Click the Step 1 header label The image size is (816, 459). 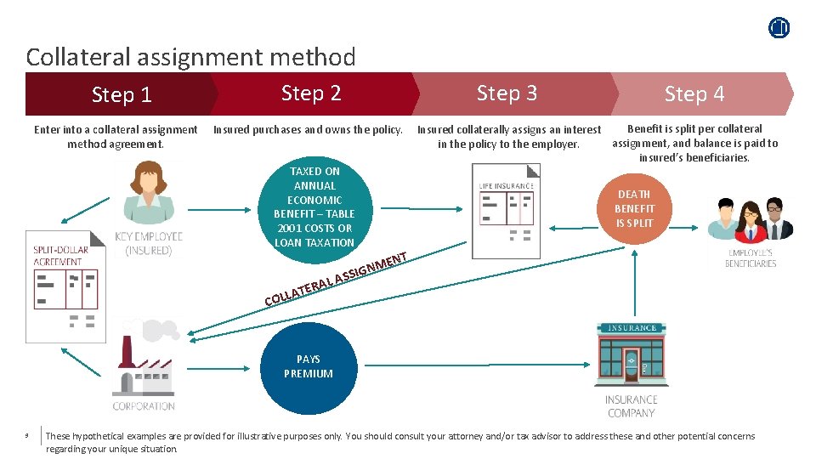click(x=122, y=94)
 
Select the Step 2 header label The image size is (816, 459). click(x=311, y=93)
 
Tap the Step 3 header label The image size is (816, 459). click(x=507, y=93)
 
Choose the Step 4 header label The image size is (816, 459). click(x=694, y=93)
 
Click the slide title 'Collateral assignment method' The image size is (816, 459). click(x=190, y=57)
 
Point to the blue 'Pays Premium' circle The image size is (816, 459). click(x=309, y=367)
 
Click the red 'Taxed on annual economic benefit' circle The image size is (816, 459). click(x=314, y=207)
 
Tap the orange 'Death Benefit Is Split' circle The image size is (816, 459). click(x=635, y=208)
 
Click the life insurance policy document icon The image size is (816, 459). click(x=507, y=211)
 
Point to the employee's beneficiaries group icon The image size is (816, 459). click(x=751, y=220)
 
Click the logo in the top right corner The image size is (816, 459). click(x=779, y=27)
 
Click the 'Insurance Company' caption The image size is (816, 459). click(x=631, y=405)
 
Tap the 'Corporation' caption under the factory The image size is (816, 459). click(x=144, y=406)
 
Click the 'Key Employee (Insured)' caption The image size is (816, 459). click(x=149, y=243)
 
